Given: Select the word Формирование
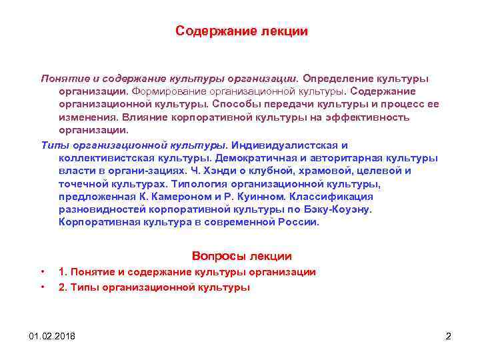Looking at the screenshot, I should point(163,91).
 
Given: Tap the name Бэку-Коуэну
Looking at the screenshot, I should point(339,209).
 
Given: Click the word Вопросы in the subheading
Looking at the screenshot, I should point(214,256).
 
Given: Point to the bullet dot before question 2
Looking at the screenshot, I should point(43,288).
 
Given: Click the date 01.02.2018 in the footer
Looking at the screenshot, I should point(53,335).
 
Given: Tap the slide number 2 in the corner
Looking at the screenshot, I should point(448,335).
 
